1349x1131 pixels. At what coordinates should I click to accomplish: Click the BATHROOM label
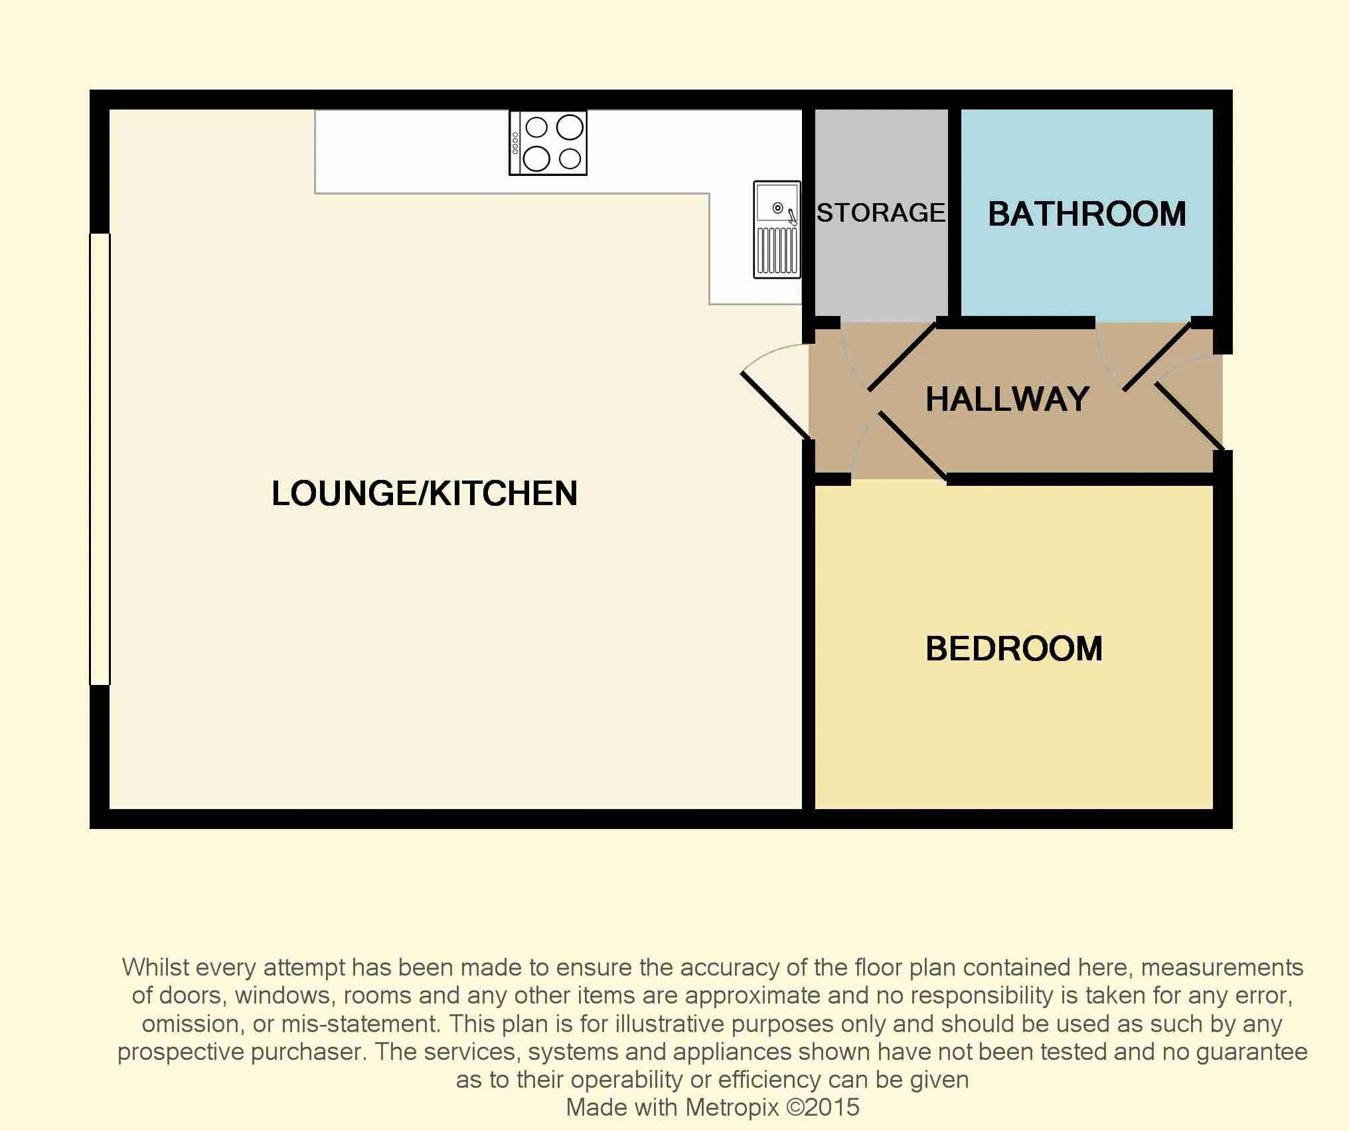(1087, 214)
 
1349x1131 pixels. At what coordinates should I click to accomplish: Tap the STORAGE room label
(881, 212)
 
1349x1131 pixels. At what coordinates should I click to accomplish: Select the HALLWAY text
(1008, 399)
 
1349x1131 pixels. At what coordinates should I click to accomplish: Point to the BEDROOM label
(1014, 648)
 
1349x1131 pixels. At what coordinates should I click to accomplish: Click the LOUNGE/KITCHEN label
(425, 493)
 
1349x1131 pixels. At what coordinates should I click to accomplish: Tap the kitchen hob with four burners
(548, 143)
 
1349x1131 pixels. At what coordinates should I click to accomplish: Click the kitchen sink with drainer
(777, 229)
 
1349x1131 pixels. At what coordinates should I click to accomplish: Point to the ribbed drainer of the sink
(777, 250)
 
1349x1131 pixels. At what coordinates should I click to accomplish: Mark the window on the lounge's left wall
(100, 459)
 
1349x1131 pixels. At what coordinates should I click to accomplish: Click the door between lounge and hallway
(775, 406)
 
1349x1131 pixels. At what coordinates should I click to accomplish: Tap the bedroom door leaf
(913, 445)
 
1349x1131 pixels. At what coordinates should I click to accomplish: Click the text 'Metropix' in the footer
(732, 1107)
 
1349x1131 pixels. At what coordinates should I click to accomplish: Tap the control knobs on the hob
(515, 143)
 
